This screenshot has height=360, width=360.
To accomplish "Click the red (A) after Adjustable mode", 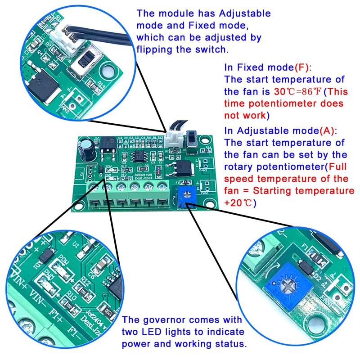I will (x=326, y=131).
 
